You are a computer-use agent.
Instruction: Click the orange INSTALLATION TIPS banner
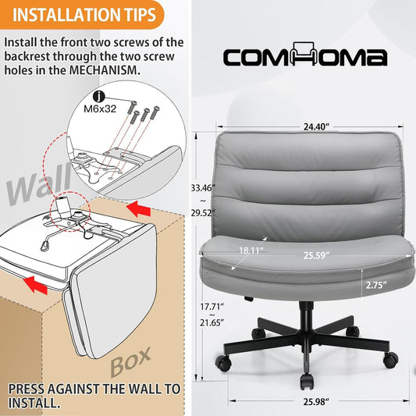tap(81, 14)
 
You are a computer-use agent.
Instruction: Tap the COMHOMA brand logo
tap(305, 55)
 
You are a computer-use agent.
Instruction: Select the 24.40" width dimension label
tap(316, 126)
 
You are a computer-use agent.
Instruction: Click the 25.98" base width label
tap(316, 402)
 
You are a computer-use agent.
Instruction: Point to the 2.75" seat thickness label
tap(376, 285)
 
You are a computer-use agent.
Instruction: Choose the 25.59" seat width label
tap(316, 255)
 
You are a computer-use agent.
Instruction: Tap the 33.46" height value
tap(203, 188)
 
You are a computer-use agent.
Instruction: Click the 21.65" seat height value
tap(212, 323)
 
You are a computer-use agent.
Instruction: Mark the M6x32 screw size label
tap(100, 108)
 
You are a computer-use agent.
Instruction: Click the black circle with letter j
tap(99, 96)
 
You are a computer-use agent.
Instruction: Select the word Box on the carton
tap(130, 361)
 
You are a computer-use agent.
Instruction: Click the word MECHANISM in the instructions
tap(104, 70)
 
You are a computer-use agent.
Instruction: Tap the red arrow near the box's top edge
tap(138, 208)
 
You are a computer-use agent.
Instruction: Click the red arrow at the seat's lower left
tap(35, 285)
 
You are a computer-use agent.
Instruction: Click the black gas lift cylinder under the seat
tap(306, 316)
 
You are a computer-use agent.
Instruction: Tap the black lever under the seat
tap(249, 298)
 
